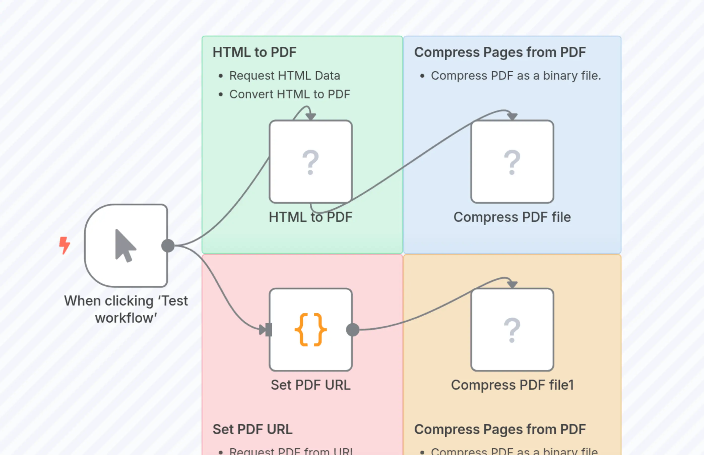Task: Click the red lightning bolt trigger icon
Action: [x=64, y=245]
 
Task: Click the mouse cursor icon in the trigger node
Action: [x=125, y=246]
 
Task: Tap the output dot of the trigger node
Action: [x=168, y=246]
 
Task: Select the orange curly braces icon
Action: [x=311, y=329]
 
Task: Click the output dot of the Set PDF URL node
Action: [x=353, y=330]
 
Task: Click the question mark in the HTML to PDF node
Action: [x=310, y=162]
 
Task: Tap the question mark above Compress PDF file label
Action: [x=512, y=162]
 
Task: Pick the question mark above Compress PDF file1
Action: [x=512, y=330]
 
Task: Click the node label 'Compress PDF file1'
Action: [x=512, y=385]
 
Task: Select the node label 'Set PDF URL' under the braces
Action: [x=311, y=385]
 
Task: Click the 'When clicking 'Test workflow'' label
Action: [x=126, y=309]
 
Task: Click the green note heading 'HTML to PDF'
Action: [x=254, y=52]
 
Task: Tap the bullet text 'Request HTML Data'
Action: [x=284, y=76]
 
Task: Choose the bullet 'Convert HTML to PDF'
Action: [x=290, y=94]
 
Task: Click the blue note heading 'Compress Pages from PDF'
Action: [x=500, y=52]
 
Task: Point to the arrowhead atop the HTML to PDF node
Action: [x=311, y=117]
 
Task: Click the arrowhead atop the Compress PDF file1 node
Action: [x=512, y=285]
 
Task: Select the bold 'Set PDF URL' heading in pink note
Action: [x=252, y=429]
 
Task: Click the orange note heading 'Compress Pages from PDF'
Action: [x=500, y=429]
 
